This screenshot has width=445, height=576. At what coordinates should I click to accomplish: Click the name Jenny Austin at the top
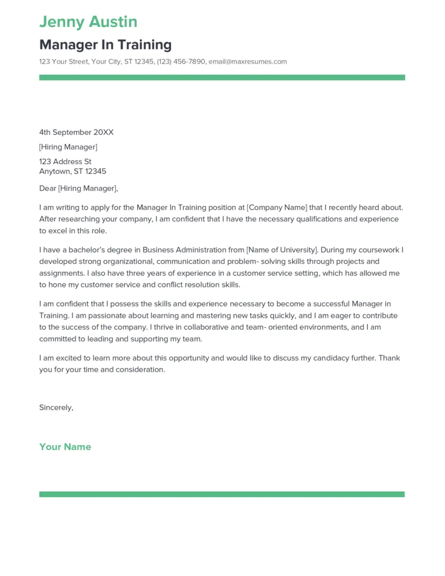[x=88, y=22]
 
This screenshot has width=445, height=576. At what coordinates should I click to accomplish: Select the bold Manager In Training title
[x=105, y=44]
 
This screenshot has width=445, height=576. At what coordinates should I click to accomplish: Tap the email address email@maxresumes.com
[x=248, y=61]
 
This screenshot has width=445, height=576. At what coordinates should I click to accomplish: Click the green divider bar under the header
[x=222, y=78]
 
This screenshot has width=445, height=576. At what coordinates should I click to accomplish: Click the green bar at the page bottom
[x=222, y=494]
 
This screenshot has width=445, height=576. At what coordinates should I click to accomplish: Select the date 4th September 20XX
[x=77, y=132]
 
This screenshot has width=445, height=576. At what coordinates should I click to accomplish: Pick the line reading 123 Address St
[x=65, y=161]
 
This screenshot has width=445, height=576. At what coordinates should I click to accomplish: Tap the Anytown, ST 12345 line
[x=73, y=171]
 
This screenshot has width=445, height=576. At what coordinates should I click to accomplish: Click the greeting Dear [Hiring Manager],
[x=79, y=188]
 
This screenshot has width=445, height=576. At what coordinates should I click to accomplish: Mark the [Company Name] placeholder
[x=277, y=207]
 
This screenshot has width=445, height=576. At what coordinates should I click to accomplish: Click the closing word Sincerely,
[x=56, y=407]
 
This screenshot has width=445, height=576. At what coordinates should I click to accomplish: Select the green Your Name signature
[x=65, y=447]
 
